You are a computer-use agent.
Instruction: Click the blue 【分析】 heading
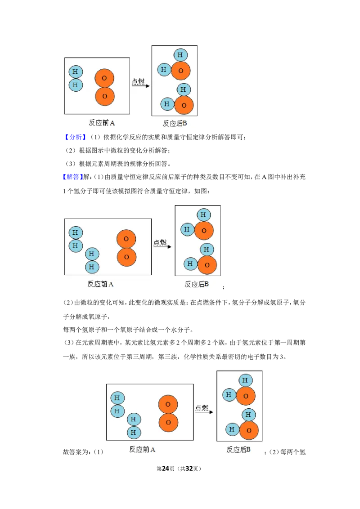(x=75, y=137)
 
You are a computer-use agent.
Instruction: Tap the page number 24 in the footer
(x=166, y=469)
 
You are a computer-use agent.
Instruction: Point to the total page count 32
(x=189, y=469)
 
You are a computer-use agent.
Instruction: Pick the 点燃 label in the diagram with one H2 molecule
(x=138, y=81)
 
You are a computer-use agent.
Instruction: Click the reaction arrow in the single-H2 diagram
(x=140, y=86)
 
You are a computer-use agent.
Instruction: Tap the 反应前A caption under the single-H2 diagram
(x=102, y=123)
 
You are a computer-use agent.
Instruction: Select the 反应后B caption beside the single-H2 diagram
(x=175, y=123)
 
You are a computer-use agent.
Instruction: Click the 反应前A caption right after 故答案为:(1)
(x=142, y=450)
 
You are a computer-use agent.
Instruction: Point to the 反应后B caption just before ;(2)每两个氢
(x=238, y=450)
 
